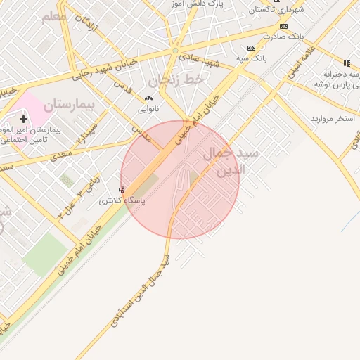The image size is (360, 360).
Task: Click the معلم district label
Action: point(53,16)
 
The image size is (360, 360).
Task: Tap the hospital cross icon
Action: point(23,119)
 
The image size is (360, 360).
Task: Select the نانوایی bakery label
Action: point(148,109)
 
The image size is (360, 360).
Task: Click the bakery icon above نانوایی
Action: point(148,98)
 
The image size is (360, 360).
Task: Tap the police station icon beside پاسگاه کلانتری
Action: point(122,190)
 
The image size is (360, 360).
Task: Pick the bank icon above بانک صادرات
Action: point(283,26)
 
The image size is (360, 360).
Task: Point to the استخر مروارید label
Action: point(333,118)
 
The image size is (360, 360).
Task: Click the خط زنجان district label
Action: point(181,80)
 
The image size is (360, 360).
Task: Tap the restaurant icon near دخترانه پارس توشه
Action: point(346,63)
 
